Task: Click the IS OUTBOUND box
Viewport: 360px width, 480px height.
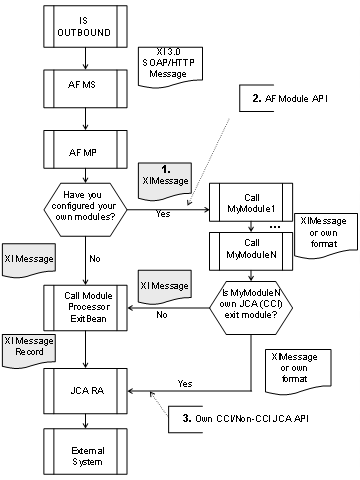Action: tap(88, 22)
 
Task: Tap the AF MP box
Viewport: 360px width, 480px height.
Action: tap(88, 152)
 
